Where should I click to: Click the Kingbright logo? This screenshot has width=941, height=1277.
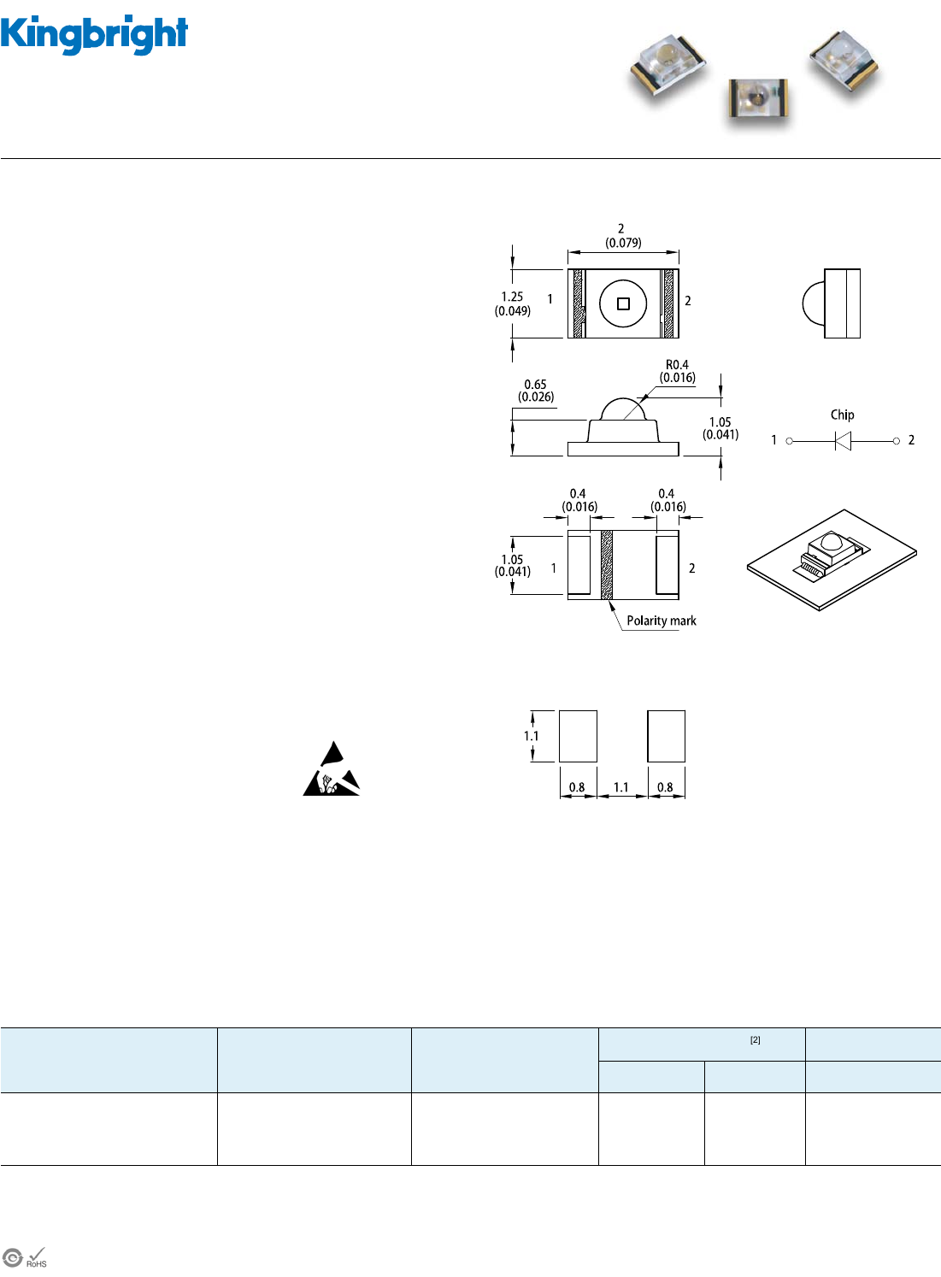(x=94, y=35)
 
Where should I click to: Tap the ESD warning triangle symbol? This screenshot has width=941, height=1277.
(x=331, y=768)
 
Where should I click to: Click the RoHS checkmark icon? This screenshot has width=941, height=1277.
(x=36, y=1257)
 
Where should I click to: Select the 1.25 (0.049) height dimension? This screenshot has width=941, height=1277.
(x=513, y=303)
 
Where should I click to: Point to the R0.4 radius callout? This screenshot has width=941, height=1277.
(x=677, y=371)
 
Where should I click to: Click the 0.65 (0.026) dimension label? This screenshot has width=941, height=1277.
(x=536, y=391)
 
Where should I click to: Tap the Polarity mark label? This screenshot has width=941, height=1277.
(x=662, y=621)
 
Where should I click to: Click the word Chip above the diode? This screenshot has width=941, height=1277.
(x=842, y=415)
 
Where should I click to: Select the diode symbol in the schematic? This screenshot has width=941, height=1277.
(x=843, y=441)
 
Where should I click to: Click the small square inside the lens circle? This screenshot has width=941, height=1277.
(x=623, y=303)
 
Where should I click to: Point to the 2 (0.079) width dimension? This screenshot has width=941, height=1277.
(x=623, y=235)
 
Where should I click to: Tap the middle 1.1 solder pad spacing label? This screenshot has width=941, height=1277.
(x=620, y=787)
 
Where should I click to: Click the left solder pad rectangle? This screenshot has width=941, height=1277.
(x=578, y=736)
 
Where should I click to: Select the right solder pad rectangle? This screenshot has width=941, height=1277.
(x=666, y=736)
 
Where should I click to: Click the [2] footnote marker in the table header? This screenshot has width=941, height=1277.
(x=755, y=1040)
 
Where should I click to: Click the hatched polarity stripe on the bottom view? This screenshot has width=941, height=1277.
(x=607, y=565)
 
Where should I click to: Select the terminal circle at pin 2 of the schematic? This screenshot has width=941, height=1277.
(x=896, y=441)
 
